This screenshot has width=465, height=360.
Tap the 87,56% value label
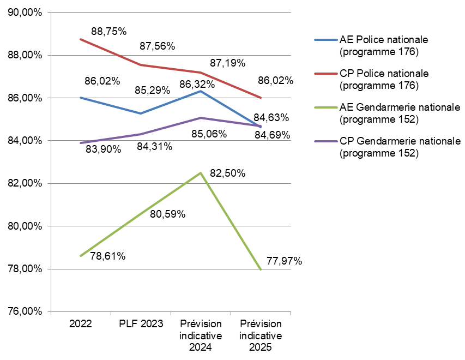(x=157, y=46)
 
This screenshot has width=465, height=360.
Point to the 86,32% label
(x=197, y=85)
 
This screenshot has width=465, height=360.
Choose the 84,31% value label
(x=155, y=146)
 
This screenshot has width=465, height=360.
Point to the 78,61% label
(x=108, y=256)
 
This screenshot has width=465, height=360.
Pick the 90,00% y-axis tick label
(x=25, y=13)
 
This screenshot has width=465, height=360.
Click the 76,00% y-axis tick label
(x=25, y=312)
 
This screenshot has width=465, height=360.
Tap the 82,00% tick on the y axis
(x=25, y=184)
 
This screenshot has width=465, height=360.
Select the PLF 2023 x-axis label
(x=141, y=324)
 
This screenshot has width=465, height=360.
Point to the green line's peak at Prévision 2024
(x=201, y=173)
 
